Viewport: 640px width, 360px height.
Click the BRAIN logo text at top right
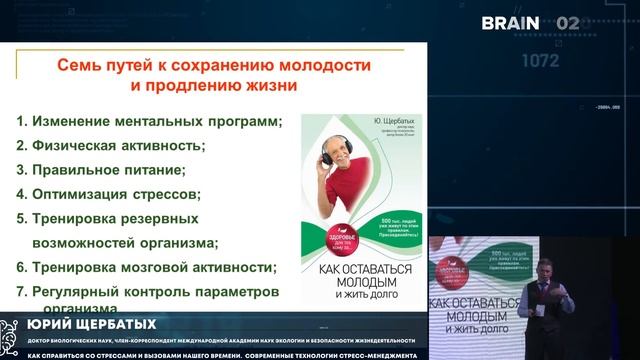(x=511, y=22)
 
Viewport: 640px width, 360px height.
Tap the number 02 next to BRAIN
(x=567, y=22)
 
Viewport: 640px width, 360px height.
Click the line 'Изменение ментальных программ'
(x=149, y=121)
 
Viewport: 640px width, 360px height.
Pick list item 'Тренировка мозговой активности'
(x=145, y=267)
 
